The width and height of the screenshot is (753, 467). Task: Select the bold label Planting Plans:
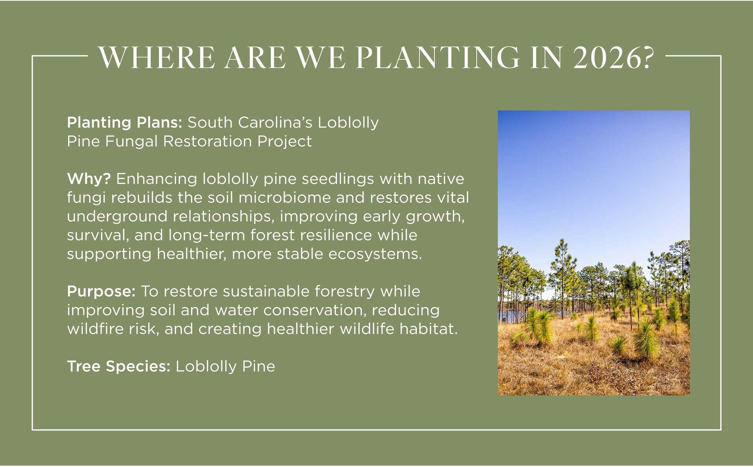click(125, 123)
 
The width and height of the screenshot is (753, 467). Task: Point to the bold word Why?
click(89, 179)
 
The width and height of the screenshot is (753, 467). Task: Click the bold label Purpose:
click(101, 291)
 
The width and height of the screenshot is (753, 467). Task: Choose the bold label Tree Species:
click(119, 366)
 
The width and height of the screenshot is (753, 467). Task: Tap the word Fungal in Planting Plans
click(131, 141)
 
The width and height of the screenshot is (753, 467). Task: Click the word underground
click(117, 217)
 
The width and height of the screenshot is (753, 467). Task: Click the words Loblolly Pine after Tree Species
click(225, 366)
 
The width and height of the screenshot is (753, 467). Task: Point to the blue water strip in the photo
click(506, 316)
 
